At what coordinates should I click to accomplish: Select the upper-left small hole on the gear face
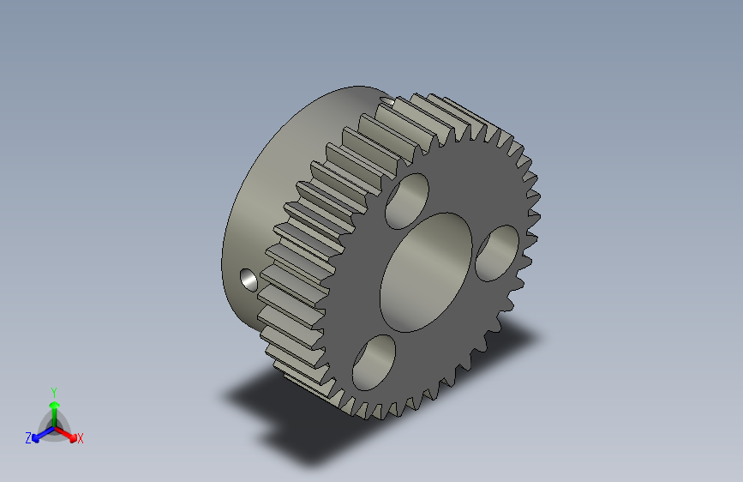pyautogui.click(x=407, y=200)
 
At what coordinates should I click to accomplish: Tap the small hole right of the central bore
pyautogui.click(x=496, y=253)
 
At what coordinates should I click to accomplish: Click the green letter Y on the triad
pyautogui.click(x=53, y=390)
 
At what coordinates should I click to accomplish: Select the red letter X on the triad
pyautogui.click(x=80, y=439)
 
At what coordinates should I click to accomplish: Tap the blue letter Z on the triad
pyautogui.click(x=28, y=438)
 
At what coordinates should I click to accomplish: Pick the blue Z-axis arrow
pyautogui.click(x=39, y=434)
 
